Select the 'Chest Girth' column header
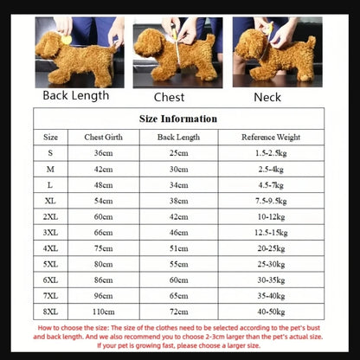(x=104, y=137)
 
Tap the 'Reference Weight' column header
(x=270, y=137)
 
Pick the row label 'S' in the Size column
(x=51, y=153)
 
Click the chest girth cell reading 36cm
(x=104, y=153)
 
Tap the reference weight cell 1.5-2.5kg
(x=270, y=153)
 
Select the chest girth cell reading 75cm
(x=104, y=247)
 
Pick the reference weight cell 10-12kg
(x=270, y=216)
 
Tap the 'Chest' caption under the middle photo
(x=169, y=98)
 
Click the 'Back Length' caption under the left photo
(x=75, y=95)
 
